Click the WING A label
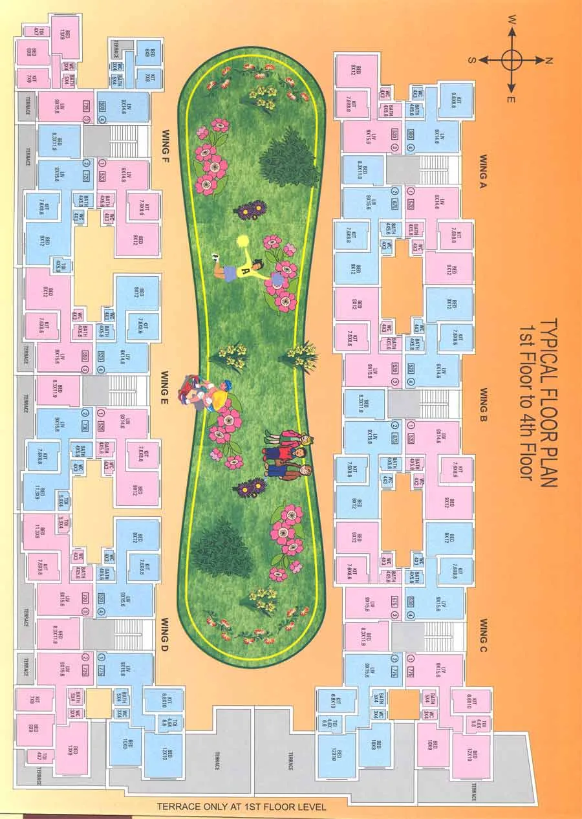pyautogui.click(x=486, y=170)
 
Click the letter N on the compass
pyautogui.click(x=548, y=60)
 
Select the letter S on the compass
pyautogui.click(x=473, y=60)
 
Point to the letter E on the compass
pyautogui.click(x=511, y=99)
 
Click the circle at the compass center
pyautogui.click(x=511, y=59)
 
